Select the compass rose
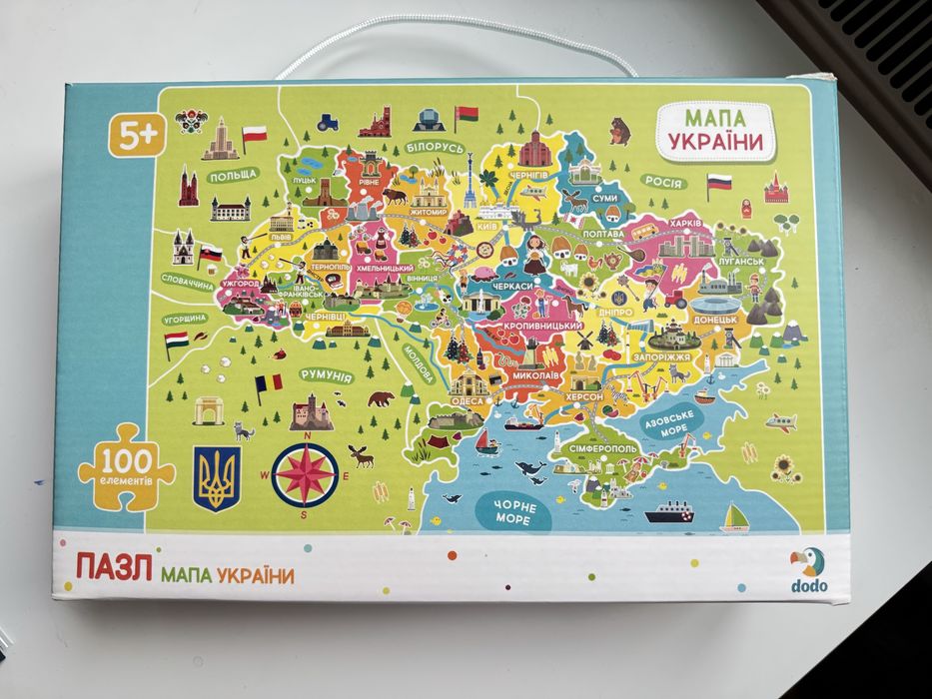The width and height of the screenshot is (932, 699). (x=306, y=472)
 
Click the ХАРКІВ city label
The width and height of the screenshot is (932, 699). (x=687, y=222)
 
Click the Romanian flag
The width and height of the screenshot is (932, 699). (x=268, y=384)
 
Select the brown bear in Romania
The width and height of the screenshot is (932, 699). (x=380, y=400)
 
